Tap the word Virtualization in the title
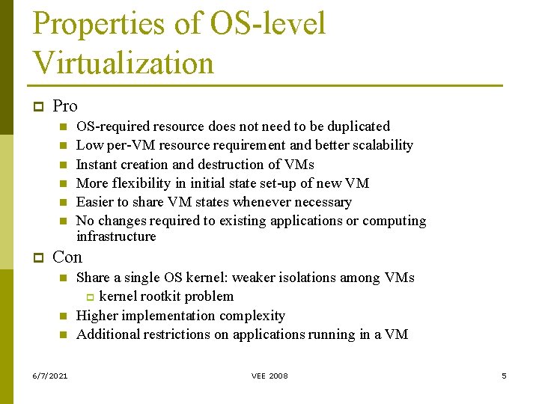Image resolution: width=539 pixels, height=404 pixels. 124,63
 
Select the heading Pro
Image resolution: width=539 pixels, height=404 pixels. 65,106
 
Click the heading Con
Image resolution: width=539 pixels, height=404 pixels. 67,257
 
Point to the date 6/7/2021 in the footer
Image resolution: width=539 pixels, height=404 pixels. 50,376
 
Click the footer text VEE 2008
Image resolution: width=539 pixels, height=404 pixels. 269,376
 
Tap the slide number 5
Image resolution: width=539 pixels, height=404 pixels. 504,376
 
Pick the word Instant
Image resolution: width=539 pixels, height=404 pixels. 97,165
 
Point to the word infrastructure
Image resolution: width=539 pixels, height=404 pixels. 116,236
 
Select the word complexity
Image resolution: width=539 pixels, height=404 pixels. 252,316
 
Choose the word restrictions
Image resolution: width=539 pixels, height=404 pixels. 173,334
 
